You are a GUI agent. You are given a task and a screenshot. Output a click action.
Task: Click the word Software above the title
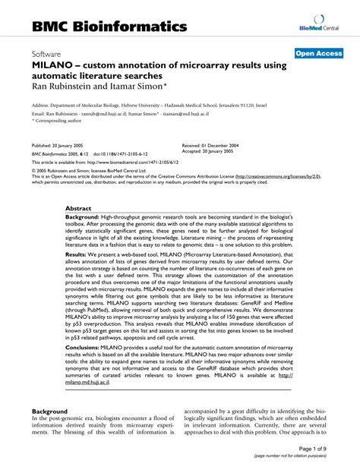[46, 55]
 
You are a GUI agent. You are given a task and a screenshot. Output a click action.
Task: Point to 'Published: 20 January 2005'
[62, 144]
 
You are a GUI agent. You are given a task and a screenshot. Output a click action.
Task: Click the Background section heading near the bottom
[50, 411]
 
